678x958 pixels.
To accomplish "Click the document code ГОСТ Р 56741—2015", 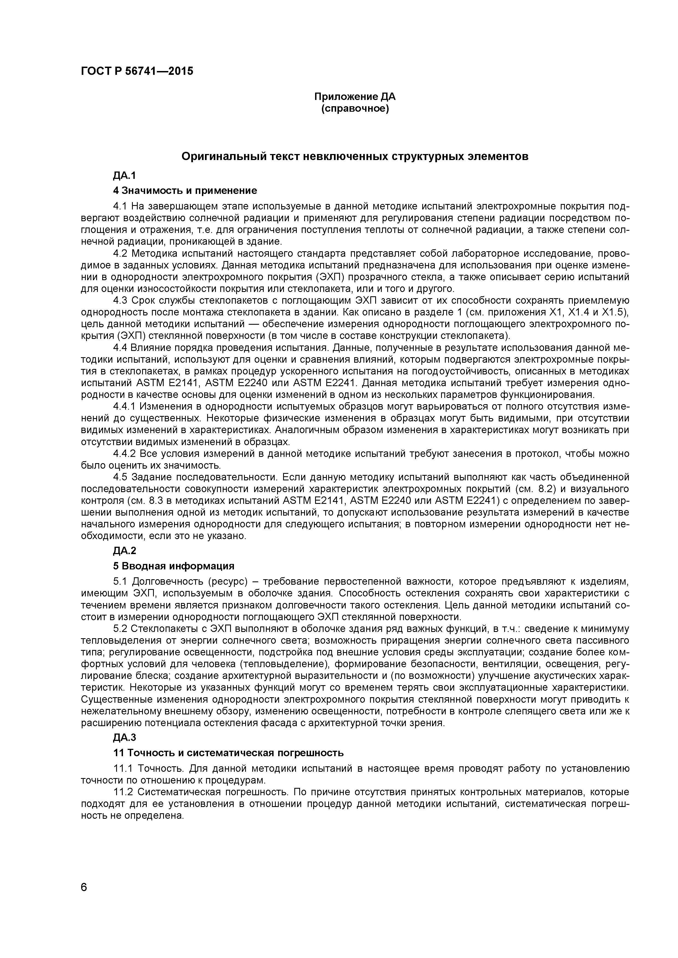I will pos(137,71).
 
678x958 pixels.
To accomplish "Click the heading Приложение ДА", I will pos(354,97).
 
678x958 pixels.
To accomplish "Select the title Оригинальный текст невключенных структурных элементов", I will pos(355,156).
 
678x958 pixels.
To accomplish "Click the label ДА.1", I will pos(124,176).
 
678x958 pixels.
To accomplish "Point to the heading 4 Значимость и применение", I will pos(185,191).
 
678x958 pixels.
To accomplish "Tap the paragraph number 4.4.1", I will pos(124,406).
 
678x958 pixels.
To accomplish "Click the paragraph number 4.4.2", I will pos(124,453).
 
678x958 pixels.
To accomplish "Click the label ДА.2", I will pos(124,551).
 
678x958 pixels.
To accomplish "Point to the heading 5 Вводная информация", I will pos(174,566).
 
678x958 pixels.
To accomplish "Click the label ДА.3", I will pos(124,738).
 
